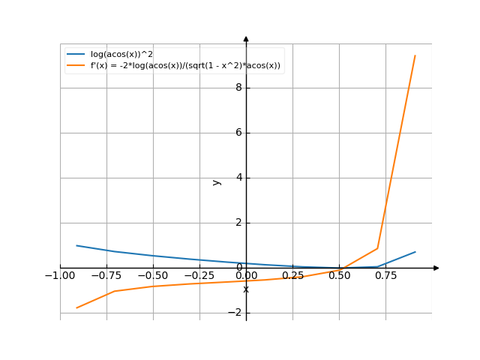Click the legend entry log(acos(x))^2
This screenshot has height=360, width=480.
(x=121, y=54)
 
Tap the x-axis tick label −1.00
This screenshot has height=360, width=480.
(x=60, y=276)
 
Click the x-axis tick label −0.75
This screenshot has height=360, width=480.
(x=106, y=276)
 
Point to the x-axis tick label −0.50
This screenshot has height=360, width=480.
(x=153, y=276)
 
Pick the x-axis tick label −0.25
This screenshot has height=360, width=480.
(x=199, y=276)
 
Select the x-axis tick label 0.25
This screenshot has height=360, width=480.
(x=292, y=276)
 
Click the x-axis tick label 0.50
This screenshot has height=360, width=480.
(x=339, y=276)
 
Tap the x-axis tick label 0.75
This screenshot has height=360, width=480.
(x=385, y=276)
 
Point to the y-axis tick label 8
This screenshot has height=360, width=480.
(x=238, y=88)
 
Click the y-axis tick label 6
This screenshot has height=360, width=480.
(x=238, y=133)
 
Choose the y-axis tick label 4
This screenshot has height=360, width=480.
(x=238, y=178)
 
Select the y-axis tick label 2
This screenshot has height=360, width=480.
(x=238, y=223)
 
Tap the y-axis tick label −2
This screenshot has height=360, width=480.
(x=235, y=313)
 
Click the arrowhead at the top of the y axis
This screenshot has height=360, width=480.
(x=246, y=39)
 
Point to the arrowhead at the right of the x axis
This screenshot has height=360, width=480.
(x=436, y=268)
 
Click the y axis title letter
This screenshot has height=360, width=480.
(x=217, y=181)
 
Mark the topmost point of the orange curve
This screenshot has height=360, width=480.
(x=415, y=55)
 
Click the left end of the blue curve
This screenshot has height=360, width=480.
(x=76, y=245)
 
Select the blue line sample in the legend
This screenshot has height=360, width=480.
(x=76, y=54)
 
